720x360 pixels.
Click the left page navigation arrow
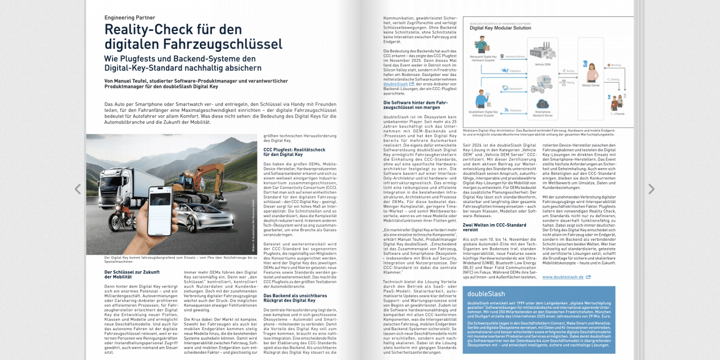coord(78,190)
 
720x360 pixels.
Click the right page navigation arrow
coord(651,190)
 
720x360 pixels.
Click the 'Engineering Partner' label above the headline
coord(130,17)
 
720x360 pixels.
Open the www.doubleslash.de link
coord(563,277)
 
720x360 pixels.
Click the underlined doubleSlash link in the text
coord(395,84)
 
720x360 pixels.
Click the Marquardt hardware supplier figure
coord(481,45)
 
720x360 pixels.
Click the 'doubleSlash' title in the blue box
coord(486,294)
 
